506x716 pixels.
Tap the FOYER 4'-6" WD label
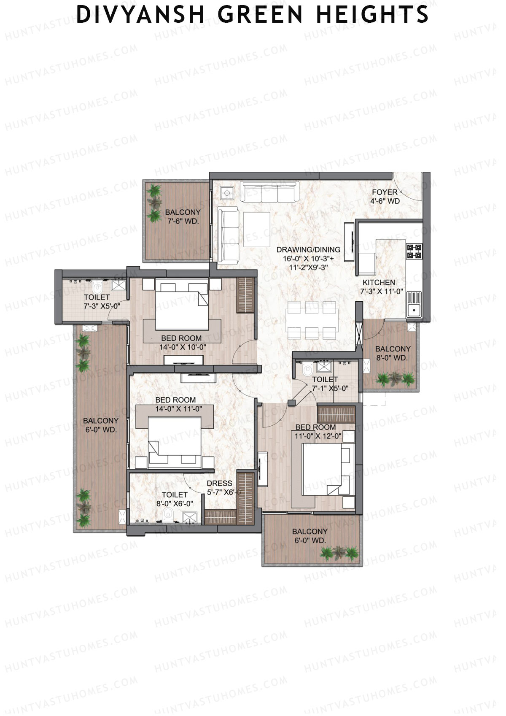(x=385, y=197)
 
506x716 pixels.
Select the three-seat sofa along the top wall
(x=268, y=192)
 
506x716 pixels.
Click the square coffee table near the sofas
(x=256, y=229)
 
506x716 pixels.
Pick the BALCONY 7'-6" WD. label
(x=182, y=216)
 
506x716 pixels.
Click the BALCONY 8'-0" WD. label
(x=393, y=353)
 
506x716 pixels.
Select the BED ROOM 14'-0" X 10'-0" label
(x=181, y=343)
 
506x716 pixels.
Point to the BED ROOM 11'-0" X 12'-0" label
(x=315, y=432)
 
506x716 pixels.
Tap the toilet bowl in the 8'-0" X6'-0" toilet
(x=168, y=513)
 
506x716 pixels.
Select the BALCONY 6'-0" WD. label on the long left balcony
(x=100, y=425)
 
